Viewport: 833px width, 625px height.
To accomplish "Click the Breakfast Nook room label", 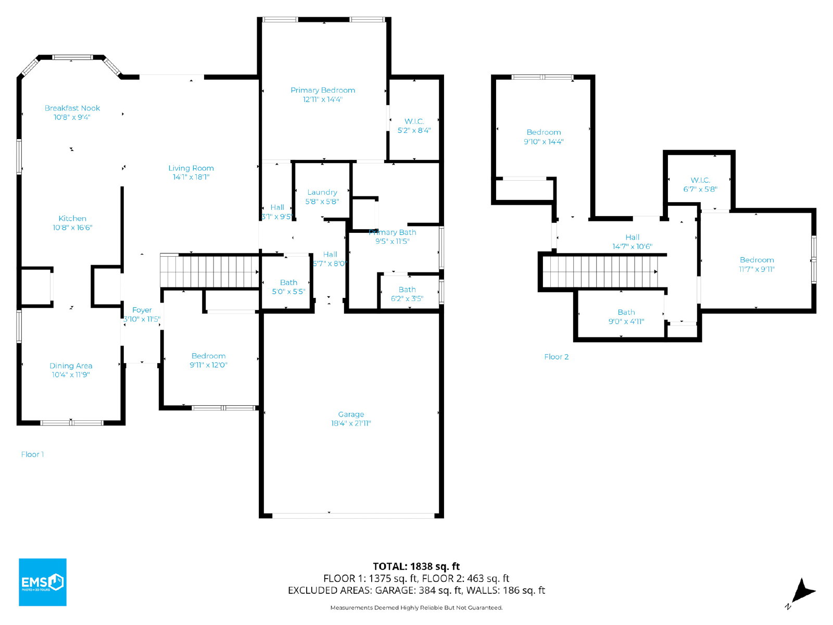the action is point(72,108).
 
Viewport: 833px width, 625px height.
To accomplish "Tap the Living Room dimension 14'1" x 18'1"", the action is point(191,177).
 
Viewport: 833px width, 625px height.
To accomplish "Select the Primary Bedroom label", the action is point(323,90).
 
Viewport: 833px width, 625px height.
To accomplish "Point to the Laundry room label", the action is point(322,192).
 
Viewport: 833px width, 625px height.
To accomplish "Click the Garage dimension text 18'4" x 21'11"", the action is point(351,423).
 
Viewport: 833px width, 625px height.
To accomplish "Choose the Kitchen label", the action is point(72,219).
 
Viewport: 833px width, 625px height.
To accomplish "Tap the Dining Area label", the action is point(71,366).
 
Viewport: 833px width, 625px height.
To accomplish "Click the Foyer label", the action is point(142,310).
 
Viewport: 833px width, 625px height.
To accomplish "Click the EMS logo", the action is point(43,582).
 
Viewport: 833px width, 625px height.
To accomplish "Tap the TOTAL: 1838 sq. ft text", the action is point(416,567).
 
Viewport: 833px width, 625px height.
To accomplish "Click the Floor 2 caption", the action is point(556,357).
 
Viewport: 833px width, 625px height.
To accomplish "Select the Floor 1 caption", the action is point(32,455).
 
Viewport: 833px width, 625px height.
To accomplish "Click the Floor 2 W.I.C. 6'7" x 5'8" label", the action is point(700,185).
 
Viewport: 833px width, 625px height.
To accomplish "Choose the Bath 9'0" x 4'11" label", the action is point(626,317).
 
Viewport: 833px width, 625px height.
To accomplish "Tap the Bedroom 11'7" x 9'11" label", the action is point(756,265).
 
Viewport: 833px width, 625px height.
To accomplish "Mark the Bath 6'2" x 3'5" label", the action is point(407,294).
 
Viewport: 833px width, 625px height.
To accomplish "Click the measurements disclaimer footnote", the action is point(416,608).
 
